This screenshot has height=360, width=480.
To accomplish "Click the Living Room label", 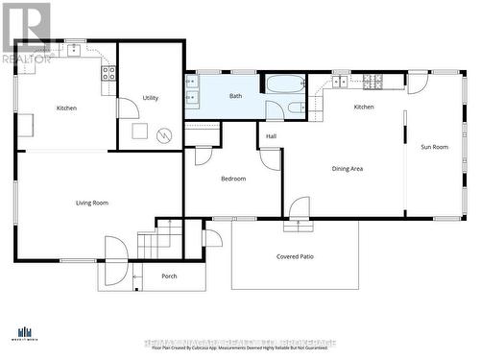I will tap(92, 203).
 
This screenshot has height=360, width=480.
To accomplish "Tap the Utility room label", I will tap(151, 98).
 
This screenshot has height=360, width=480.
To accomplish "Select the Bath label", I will tap(235, 96).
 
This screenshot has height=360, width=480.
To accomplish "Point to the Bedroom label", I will tap(233, 179).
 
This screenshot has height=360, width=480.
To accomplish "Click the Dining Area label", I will tap(347, 169).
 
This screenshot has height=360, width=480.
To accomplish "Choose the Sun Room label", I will tap(434, 147).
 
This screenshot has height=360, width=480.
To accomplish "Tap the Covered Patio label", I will tap(295, 256).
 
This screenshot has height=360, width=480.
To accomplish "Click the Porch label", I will tap(169, 276).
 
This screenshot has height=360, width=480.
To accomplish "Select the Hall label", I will tap(272, 136).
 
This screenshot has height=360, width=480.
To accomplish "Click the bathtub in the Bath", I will tap(285, 84).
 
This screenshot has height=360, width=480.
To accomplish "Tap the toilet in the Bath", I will tap(297, 107).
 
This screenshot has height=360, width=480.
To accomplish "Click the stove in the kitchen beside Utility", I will tap(108, 72).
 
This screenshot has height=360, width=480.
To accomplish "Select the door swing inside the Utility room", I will tap(128, 108).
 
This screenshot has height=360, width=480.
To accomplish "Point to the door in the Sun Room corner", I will tap(417, 84).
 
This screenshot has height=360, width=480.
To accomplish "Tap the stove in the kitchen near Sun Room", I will tap(369, 80).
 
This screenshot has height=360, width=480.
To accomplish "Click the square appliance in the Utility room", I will tap(139, 132).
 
